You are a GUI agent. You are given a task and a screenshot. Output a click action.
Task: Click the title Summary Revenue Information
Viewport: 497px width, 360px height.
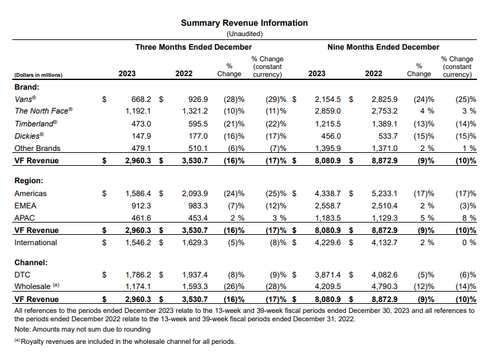coord(244,23)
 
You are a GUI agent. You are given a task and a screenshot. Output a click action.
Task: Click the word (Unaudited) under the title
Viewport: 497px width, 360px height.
coord(245,34)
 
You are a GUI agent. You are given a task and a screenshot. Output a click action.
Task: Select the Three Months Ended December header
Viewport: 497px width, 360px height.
coord(194,47)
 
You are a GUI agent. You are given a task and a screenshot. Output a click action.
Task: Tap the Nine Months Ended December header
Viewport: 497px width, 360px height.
coord(383,47)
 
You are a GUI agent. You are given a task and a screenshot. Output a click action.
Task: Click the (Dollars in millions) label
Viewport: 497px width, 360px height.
coord(38,75)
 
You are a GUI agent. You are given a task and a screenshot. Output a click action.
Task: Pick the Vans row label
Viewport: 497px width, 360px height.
coord(25,99)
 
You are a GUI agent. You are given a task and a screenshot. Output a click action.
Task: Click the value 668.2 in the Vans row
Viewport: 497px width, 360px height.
coord(141,99)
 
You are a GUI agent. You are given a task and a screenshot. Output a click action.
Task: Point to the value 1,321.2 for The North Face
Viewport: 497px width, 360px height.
coord(195,111)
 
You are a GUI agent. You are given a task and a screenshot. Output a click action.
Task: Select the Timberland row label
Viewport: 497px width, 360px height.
coord(35,124)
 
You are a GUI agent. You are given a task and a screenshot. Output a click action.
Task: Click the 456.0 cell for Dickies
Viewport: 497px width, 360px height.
coord(331,136)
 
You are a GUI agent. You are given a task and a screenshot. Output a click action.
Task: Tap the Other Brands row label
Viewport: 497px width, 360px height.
coord(37,148)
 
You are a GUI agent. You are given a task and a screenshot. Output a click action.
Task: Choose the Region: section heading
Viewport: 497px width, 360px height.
coord(29,181)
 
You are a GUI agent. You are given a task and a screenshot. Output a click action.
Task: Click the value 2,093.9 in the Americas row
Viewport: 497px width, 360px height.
coord(195,194)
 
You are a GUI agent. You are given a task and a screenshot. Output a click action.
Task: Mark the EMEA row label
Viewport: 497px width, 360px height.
coord(25,206)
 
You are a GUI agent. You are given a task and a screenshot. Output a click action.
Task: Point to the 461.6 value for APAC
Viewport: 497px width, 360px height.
coord(141,218)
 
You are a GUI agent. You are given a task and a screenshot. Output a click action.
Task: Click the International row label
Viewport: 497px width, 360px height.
coord(35,243)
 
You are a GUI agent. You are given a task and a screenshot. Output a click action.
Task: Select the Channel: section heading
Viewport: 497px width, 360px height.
coord(31,263)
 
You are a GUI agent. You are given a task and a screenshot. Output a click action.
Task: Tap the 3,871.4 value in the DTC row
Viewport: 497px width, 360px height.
coord(328,275)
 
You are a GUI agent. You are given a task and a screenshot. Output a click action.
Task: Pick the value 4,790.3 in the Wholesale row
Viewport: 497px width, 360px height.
coord(385,286)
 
